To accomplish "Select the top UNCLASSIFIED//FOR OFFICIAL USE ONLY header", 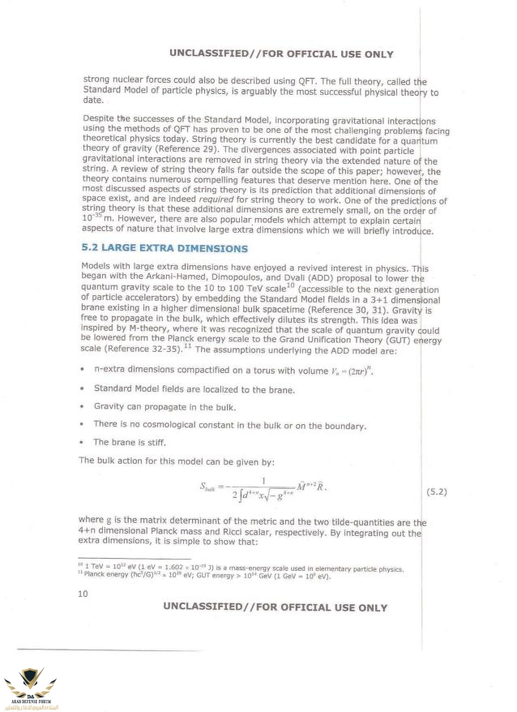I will point(281,54).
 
